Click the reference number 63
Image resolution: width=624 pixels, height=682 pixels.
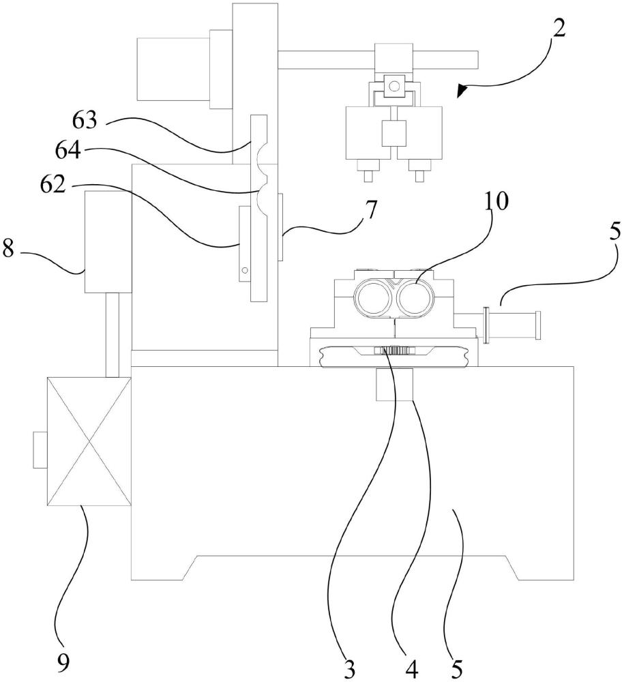[x=85, y=120]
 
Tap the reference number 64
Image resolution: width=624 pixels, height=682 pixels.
[x=68, y=151]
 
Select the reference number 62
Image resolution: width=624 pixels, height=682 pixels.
[x=53, y=184]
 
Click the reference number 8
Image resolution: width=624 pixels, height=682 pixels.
[x=8, y=250]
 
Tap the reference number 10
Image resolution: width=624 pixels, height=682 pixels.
[x=496, y=201]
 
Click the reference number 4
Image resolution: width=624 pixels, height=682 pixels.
[x=411, y=670]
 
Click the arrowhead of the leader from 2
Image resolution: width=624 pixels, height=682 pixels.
[x=462, y=91]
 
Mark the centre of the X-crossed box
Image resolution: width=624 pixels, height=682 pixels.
[x=89, y=441]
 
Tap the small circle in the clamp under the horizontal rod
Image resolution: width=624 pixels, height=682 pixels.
[x=394, y=86]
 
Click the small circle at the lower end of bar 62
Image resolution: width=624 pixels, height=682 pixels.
[x=245, y=270]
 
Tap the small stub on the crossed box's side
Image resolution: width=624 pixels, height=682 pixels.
[x=40, y=450]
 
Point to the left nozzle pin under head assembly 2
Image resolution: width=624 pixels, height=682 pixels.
[x=369, y=176]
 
